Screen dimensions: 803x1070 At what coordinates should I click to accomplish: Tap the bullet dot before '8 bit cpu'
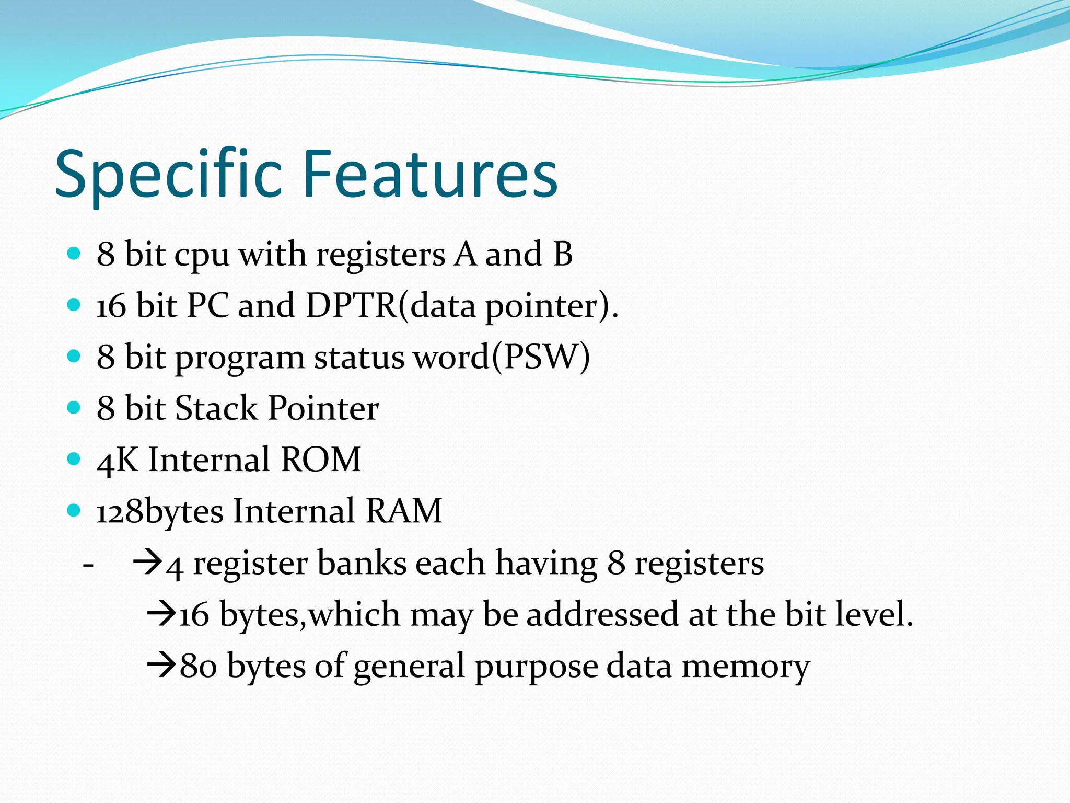(74, 255)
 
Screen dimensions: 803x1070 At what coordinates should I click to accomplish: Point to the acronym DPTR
(351, 305)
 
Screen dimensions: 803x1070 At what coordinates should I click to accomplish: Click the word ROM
(320, 460)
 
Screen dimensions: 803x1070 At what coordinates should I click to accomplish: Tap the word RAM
(403, 511)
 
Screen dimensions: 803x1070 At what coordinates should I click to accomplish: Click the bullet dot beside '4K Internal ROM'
(74, 460)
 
